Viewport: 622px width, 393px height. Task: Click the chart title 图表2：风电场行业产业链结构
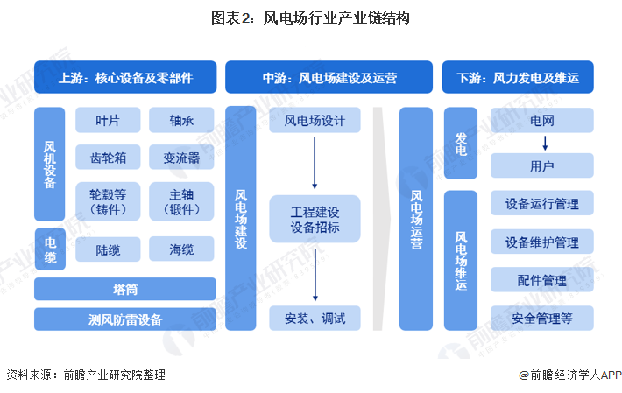click(x=310, y=17)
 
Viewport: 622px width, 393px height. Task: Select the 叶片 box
click(x=108, y=121)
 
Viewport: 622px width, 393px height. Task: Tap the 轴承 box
click(x=182, y=121)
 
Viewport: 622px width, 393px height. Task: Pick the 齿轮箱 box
click(x=108, y=158)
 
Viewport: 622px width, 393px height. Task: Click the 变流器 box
click(x=182, y=158)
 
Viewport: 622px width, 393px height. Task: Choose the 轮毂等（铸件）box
click(x=108, y=200)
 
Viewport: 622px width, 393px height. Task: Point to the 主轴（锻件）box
click(x=182, y=200)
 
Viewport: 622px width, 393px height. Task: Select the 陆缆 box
click(x=108, y=249)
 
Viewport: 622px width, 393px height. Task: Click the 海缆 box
click(x=182, y=249)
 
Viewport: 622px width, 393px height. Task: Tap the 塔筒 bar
click(x=125, y=289)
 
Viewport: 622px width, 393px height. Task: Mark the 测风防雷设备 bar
click(x=125, y=319)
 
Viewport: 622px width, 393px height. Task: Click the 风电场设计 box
click(x=315, y=121)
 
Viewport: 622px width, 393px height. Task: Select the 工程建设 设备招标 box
click(x=315, y=219)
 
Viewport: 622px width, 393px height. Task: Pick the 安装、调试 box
click(x=315, y=318)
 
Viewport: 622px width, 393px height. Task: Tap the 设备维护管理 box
click(x=542, y=242)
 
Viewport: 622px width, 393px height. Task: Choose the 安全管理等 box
click(x=542, y=318)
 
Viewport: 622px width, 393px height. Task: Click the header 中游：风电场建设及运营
click(x=329, y=77)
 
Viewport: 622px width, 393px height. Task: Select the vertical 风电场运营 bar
click(x=416, y=219)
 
